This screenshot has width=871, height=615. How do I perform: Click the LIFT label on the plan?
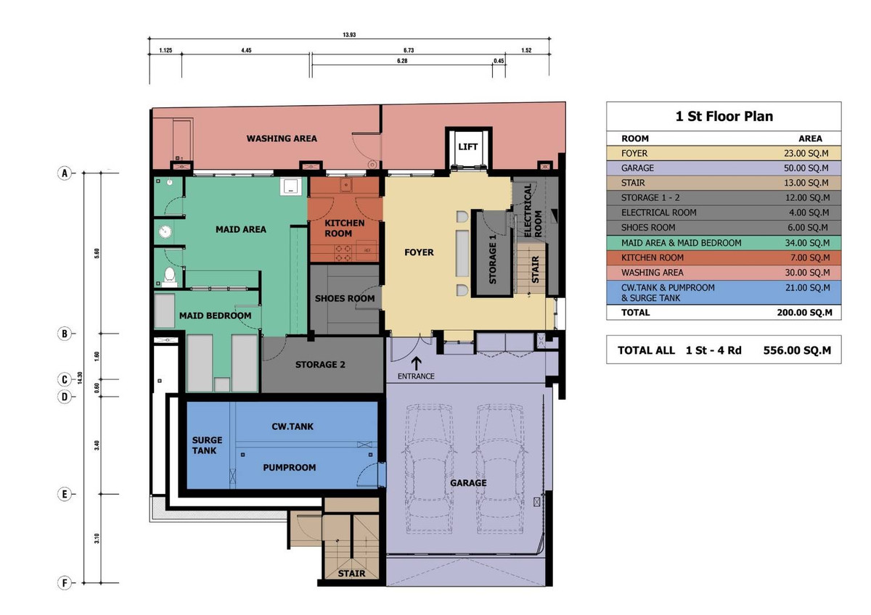click(x=467, y=146)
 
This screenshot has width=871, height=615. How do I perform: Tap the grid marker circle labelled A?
click(x=65, y=173)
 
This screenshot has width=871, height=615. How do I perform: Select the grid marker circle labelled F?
click(x=65, y=583)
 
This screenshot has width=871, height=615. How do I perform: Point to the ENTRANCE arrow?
click(x=416, y=363)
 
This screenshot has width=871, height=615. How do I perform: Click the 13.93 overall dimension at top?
click(x=349, y=35)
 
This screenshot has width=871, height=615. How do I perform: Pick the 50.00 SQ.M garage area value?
click(x=807, y=168)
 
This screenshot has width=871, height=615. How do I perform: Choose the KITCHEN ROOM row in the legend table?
click(x=724, y=257)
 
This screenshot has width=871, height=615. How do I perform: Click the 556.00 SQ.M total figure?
click(x=797, y=350)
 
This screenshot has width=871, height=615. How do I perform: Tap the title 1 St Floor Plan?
click(x=724, y=116)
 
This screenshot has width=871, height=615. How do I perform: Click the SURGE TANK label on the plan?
click(x=207, y=445)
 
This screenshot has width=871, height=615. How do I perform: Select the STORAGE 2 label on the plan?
click(x=320, y=364)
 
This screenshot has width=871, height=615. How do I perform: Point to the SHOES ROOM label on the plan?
click(x=345, y=298)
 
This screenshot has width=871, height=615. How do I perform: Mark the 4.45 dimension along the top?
click(x=246, y=50)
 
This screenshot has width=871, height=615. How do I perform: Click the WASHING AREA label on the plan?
click(x=282, y=139)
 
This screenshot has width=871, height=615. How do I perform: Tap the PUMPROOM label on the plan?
click(x=290, y=467)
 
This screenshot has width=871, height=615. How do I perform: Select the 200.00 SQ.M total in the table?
click(x=804, y=313)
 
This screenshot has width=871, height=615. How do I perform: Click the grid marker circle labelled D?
click(x=65, y=397)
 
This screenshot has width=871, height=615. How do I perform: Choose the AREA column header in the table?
click(x=810, y=139)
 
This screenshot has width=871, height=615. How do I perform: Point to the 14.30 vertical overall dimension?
click(x=80, y=378)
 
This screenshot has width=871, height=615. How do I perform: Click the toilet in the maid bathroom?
click(x=169, y=276)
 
